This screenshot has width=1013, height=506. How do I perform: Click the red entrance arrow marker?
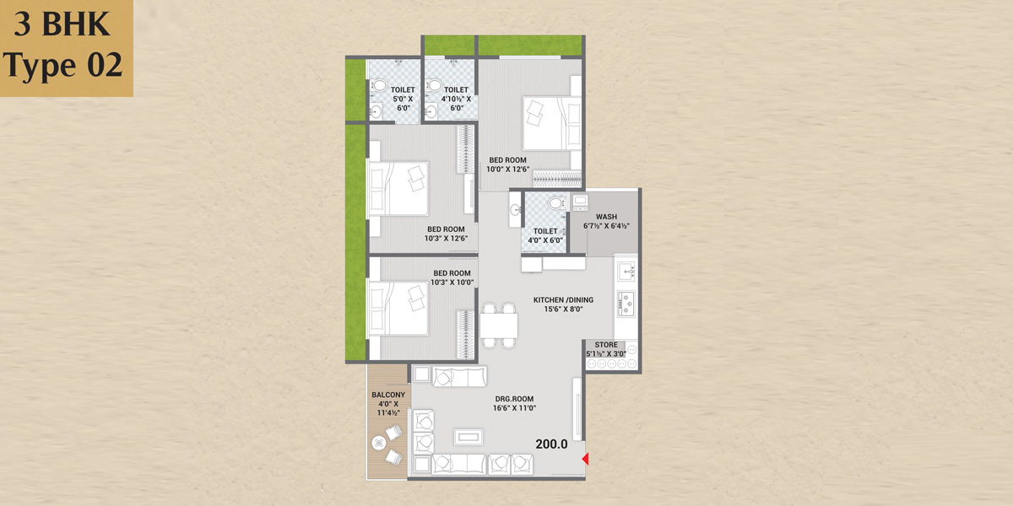[x=585, y=459]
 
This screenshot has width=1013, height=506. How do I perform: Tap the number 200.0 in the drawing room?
[x=551, y=444]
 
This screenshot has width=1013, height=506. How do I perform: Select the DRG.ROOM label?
[x=514, y=399]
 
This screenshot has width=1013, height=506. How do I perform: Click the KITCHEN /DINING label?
[x=564, y=300]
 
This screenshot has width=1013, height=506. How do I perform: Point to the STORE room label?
[x=606, y=345]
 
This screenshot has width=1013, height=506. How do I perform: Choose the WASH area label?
[x=606, y=217]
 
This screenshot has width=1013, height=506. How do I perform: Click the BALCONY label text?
[x=388, y=395]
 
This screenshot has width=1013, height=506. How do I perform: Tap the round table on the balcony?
[x=378, y=443]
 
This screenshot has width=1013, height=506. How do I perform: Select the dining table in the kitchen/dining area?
[x=499, y=326]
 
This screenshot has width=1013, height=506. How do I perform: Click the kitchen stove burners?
[x=626, y=303]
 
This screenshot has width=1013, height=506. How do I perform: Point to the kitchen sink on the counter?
[x=626, y=271]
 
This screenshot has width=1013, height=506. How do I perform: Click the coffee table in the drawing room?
[x=469, y=437]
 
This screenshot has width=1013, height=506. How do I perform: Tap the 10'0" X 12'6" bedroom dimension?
[x=508, y=170]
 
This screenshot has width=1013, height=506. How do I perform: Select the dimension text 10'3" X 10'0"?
[x=452, y=283]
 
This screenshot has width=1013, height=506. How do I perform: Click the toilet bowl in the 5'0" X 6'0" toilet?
[x=379, y=86]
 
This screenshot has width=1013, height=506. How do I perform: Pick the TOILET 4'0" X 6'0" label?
[x=545, y=236]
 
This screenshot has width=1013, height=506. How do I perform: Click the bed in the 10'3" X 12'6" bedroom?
[x=398, y=188]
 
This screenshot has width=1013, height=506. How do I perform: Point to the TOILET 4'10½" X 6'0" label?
[x=456, y=99]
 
